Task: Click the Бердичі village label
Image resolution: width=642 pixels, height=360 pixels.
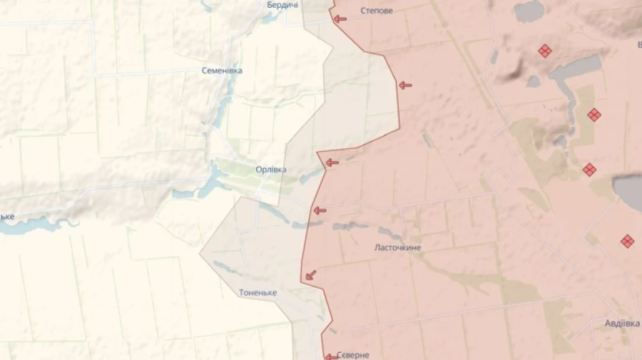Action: click(x=282, y=5)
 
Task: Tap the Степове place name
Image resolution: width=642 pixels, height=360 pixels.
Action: click(x=377, y=11)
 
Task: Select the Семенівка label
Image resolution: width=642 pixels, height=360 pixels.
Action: click(x=222, y=71)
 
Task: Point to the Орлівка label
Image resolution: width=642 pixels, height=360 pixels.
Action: click(x=271, y=170)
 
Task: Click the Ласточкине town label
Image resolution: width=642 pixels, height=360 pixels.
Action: click(x=397, y=247)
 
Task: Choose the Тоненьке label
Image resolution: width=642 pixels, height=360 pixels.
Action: click(x=258, y=293)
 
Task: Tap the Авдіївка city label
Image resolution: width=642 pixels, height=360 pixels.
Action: click(x=622, y=323)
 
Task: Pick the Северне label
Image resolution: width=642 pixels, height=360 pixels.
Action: click(x=353, y=355)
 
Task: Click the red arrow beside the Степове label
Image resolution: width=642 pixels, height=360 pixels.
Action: click(x=340, y=19)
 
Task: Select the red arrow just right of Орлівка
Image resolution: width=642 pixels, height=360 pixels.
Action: click(x=332, y=163)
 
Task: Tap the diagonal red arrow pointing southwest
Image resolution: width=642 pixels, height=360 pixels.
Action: click(x=311, y=274)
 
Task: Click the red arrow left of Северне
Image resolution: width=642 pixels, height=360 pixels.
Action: click(x=332, y=356)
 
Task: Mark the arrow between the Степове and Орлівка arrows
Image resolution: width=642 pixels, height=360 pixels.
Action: click(x=405, y=86)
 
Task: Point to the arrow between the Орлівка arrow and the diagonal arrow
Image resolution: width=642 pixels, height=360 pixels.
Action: click(x=320, y=210)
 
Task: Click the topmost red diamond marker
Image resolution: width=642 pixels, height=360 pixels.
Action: click(x=545, y=51)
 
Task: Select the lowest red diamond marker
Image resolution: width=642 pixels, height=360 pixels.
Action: click(x=627, y=241)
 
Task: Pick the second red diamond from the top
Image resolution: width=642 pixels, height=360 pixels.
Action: click(x=593, y=115)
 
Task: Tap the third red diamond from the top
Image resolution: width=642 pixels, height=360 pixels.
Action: click(x=589, y=170)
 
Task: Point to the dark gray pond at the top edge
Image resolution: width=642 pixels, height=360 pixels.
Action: click(x=529, y=10)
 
